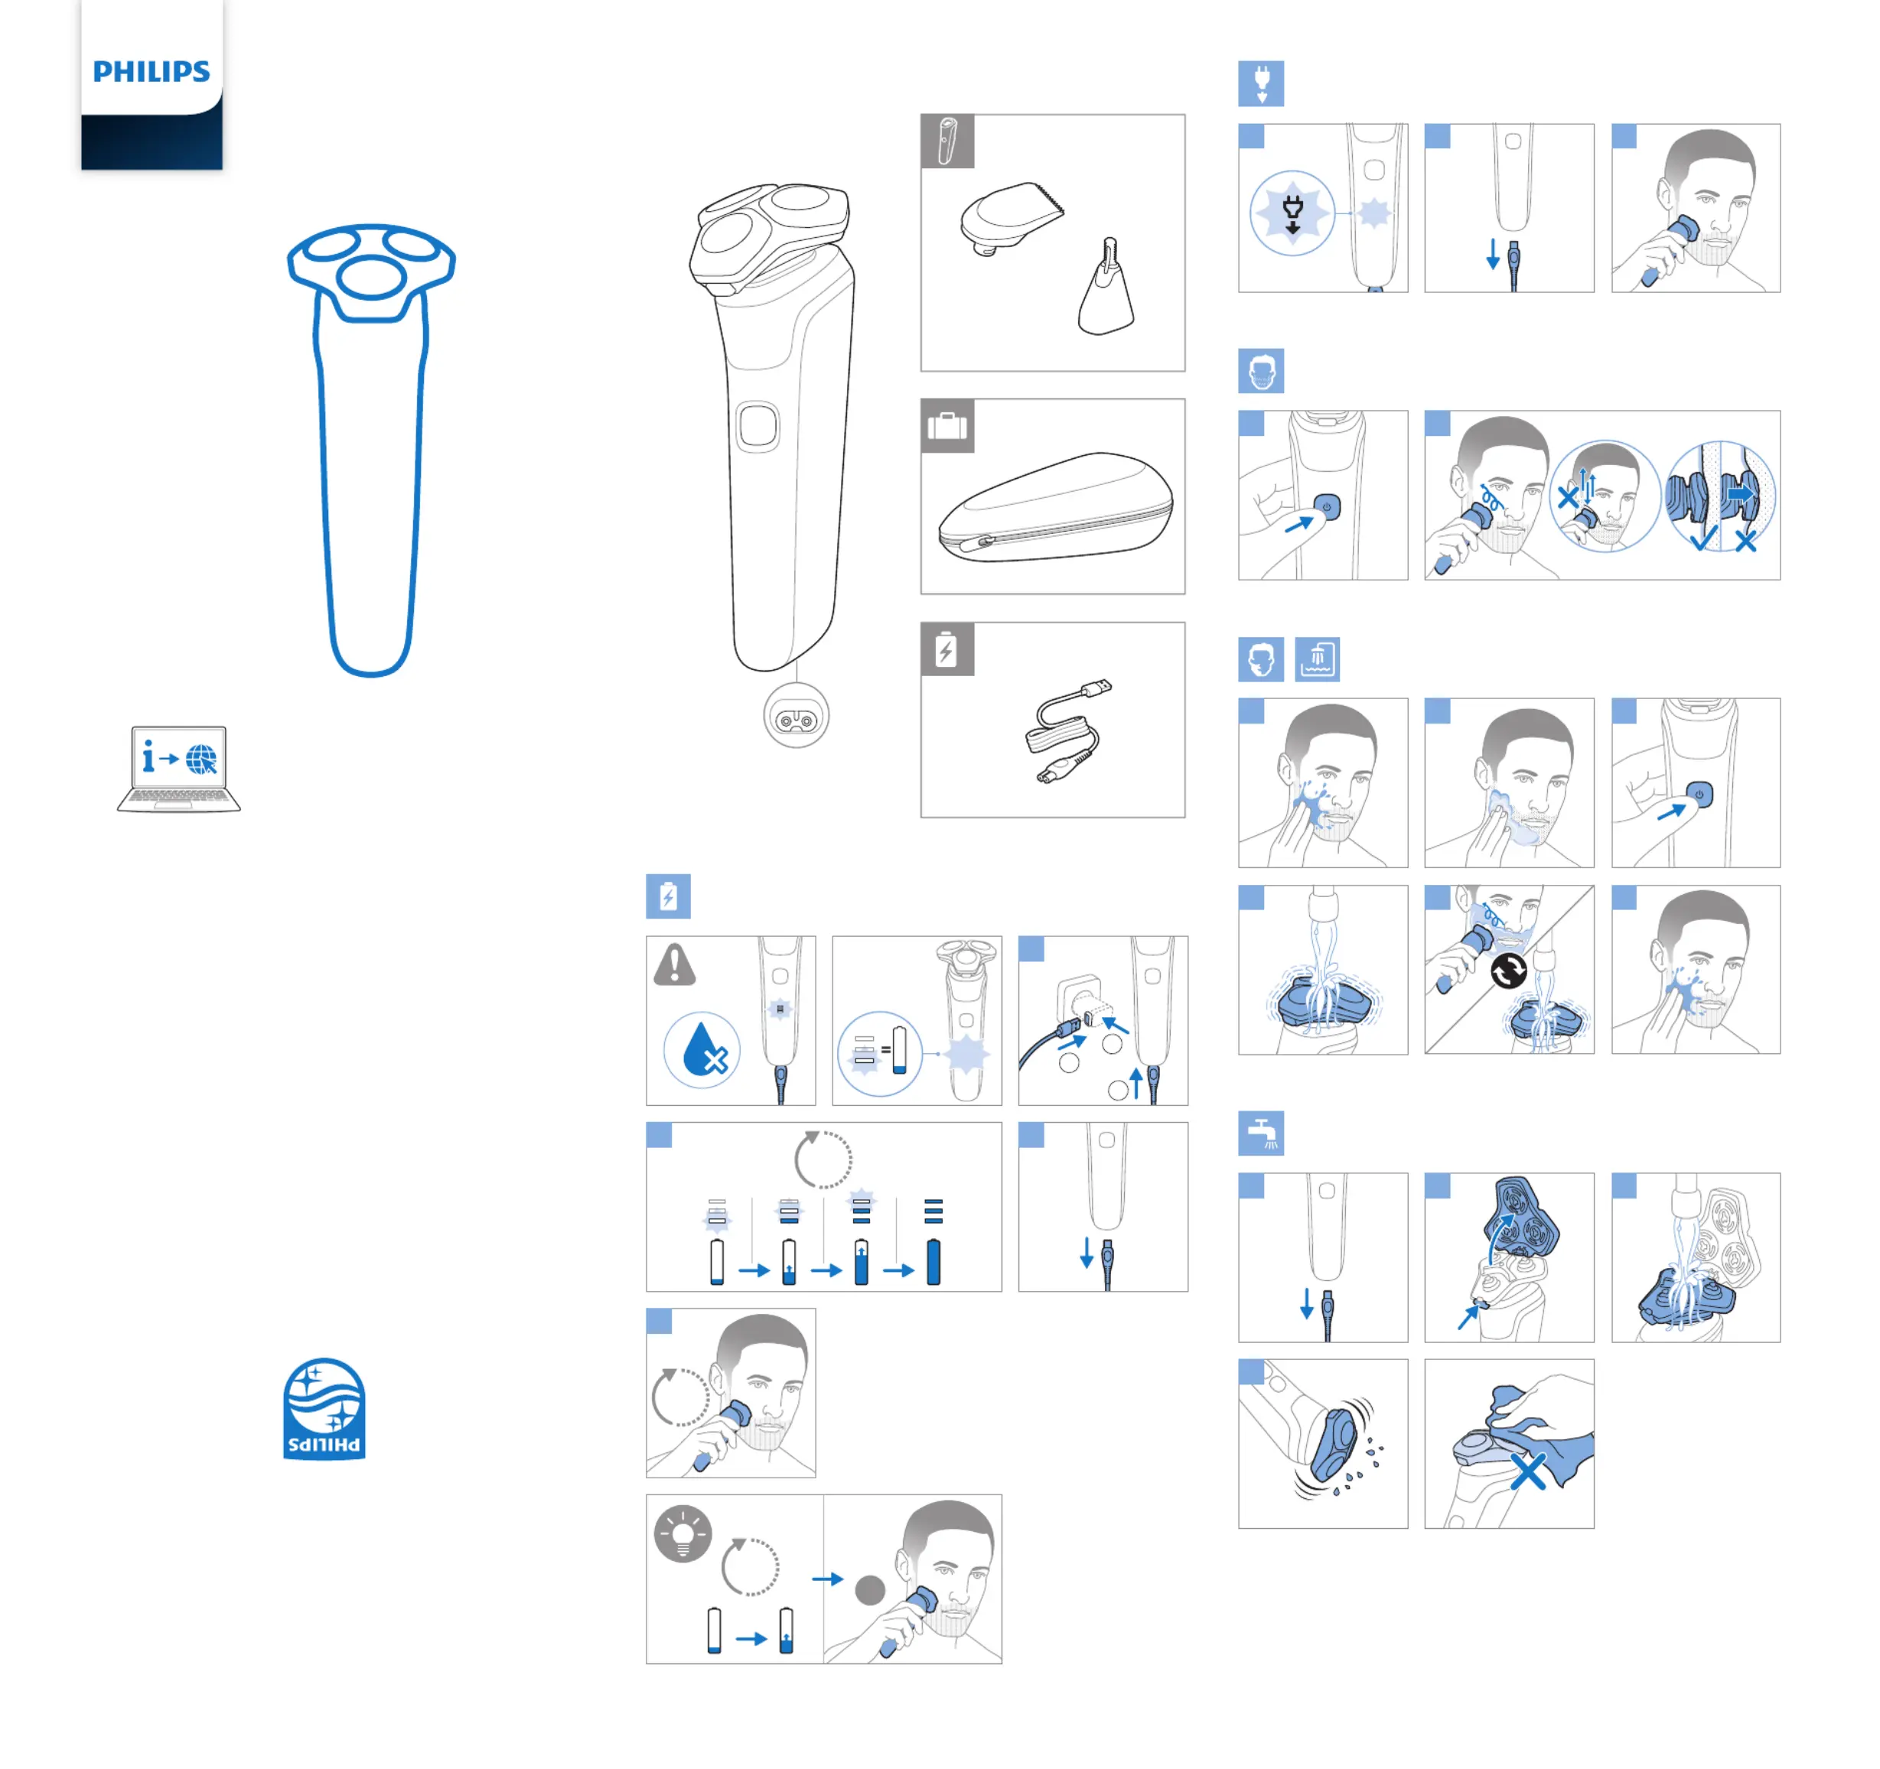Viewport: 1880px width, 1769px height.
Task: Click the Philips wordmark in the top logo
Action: coord(152,72)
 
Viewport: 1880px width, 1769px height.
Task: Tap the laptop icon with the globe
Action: coord(179,769)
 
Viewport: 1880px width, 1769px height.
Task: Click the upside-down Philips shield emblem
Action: coord(324,1409)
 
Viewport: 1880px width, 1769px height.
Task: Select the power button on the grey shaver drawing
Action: coord(758,427)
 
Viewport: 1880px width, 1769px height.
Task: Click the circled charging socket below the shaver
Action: coord(797,716)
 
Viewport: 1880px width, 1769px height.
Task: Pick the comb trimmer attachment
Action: coord(1011,219)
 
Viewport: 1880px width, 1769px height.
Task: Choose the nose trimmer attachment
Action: coord(1106,288)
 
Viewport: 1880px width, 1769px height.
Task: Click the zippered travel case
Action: coord(1055,507)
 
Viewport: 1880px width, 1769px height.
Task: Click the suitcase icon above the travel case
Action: coord(947,427)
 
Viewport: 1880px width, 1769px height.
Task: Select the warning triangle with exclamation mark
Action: coord(674,965)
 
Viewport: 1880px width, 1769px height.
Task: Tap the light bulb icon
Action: coord(683,1533)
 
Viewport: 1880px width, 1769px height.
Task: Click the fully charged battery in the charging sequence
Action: coord(933,1261)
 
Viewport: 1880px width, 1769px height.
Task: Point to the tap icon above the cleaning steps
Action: coord(1262,1133)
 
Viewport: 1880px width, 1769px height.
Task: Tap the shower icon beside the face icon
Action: coord(1318,659)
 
